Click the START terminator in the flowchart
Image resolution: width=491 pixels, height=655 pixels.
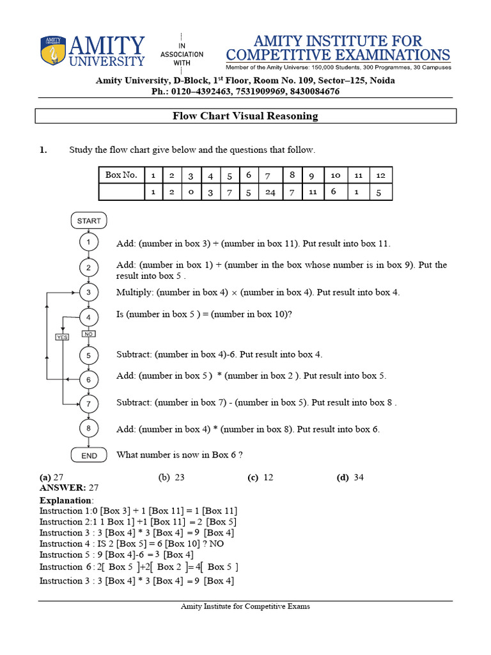pos(89,221)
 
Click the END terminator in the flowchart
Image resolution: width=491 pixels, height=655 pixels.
pos(89,455)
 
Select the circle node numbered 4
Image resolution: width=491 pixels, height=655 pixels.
pos(89,317)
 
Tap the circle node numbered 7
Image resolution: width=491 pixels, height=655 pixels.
pos(89,404)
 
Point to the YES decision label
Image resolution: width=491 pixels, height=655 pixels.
pos(62,336)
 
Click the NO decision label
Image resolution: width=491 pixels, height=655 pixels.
pos(89,334)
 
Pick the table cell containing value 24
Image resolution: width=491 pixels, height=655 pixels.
pos(270,193)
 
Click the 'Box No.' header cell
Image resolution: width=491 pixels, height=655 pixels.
pos(121,175)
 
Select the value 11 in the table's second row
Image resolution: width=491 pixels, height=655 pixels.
pos(312,192)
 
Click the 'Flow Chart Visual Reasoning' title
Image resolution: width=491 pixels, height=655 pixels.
pos(245,116)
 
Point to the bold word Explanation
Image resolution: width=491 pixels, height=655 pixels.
pos(66,500)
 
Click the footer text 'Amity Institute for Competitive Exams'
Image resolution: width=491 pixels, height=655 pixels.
pos(245,606)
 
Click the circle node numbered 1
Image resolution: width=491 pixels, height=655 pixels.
pos(89,242)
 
